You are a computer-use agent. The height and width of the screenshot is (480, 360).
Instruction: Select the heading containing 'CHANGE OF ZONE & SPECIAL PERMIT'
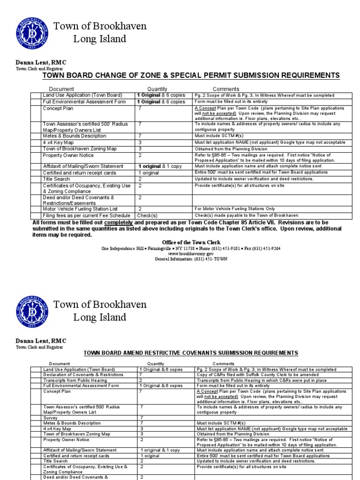(191, 75)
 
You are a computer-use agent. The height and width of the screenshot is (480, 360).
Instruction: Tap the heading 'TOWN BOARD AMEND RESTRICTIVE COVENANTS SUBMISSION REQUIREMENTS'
(190, 353)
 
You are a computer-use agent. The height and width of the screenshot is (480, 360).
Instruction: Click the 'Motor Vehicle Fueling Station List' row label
(80, 209)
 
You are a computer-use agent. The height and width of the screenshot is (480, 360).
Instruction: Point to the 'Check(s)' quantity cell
(147, 215)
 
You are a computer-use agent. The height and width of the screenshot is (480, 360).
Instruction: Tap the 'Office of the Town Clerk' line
(191, 242)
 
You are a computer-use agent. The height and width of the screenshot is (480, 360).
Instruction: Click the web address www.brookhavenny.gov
(191, 253)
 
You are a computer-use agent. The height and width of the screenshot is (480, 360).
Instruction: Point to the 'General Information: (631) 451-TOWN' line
(191, 258)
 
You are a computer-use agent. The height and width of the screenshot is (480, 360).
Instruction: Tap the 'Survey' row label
(51, 417)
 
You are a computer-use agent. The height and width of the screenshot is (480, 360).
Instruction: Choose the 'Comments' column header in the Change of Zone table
(226, 89)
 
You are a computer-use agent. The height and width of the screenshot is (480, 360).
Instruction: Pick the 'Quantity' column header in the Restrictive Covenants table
(156, 364)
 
